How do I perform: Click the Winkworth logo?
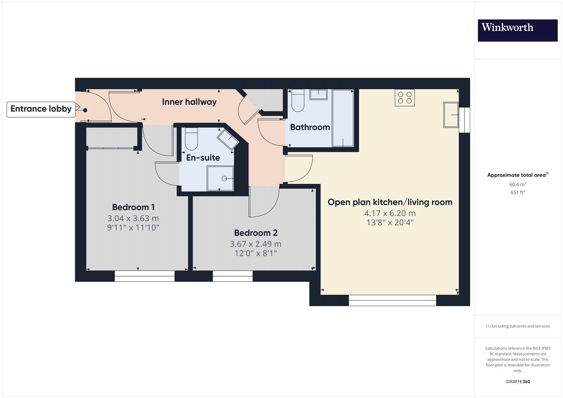(517, 30)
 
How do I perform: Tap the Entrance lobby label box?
(41, 109)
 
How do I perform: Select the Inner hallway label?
(189, 102)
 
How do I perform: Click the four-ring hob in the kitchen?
(405, 98)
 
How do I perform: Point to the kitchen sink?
(451, 115)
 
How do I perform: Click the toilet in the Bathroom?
(298, 101)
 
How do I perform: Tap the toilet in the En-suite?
(191, 139)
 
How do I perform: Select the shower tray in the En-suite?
(220, 178)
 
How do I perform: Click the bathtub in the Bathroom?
(343, 118)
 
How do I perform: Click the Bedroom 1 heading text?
(133, 207)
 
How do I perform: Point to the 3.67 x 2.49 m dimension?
(255, 244)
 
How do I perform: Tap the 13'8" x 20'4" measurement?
(389, 222)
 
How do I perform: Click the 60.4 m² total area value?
(517, 185)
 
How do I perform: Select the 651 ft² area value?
(517, 192)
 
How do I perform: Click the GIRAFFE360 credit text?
(517, 382)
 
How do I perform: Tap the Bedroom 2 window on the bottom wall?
(232, 276)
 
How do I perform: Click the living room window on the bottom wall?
(392, 300)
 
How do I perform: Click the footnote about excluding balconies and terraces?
(517, 326)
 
